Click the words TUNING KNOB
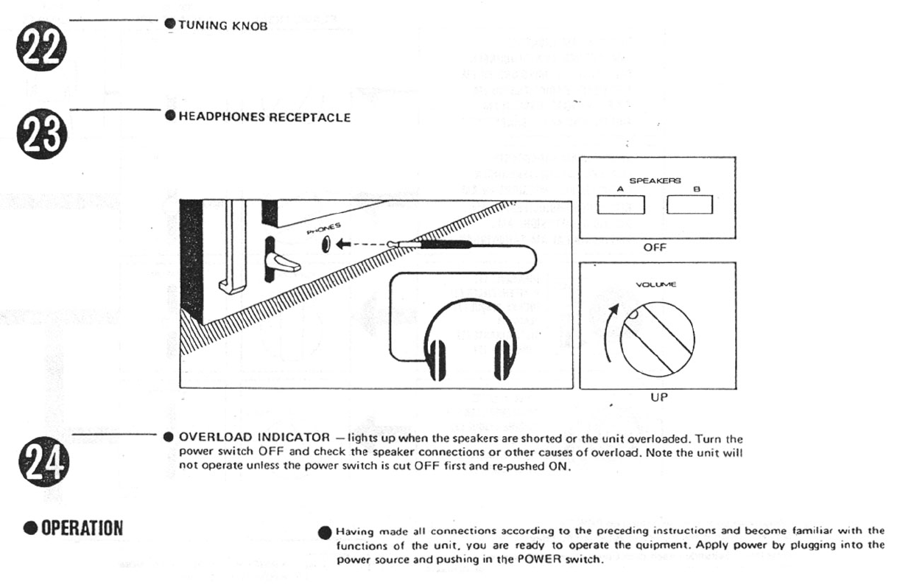click(x=219, y=26)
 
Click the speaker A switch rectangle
click(x=620, y=204)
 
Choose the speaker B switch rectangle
click(x=689, y=204)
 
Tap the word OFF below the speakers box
click(x=655, y=248)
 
